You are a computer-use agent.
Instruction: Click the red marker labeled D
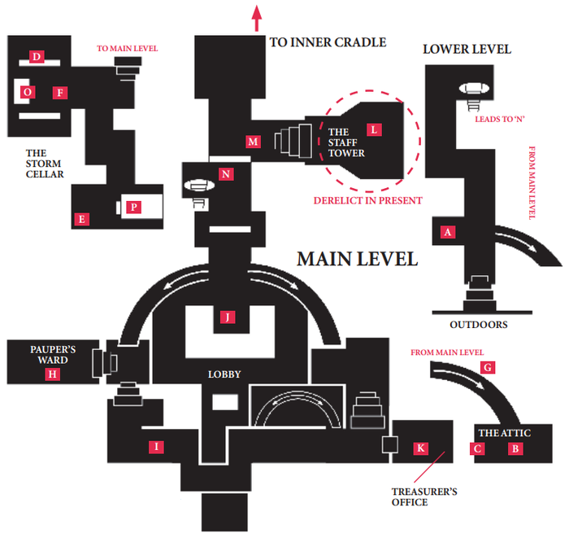tap(36, 56)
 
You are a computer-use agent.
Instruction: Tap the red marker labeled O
tap(28, 93)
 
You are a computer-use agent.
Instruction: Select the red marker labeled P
tap(132, 208)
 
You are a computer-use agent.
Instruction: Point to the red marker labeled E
tap(80, 218)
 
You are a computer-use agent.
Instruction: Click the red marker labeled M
tap(253, 142)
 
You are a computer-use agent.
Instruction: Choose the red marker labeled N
tap(226, 174)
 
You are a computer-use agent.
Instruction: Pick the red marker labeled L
tap(373, 129)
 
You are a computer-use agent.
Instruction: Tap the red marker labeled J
tap(229, 317)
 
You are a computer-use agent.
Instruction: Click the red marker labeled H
tap(52, 374)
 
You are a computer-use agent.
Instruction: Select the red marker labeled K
tap(420, 448)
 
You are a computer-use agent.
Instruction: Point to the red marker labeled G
tap(488, 368)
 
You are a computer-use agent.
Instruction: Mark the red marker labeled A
tap(446, 232)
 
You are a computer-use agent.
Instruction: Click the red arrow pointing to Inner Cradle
tap(257, 17)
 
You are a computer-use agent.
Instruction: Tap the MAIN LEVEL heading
tap(357, 259)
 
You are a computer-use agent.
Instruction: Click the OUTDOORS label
tap(479, 325)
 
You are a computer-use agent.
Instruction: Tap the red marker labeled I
tap(157, 446)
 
